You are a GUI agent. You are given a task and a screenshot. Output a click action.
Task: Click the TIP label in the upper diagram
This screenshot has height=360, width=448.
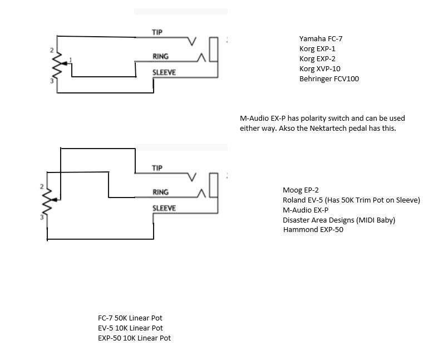point(157,32)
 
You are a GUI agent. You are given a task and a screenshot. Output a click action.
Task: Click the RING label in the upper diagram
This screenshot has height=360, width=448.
point(160,57)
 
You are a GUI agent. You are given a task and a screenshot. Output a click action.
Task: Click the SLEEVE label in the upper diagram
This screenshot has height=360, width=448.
point(164,73)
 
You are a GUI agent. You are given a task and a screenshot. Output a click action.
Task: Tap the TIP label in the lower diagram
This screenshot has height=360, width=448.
point(157,168)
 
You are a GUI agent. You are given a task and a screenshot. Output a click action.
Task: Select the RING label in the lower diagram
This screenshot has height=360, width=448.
point(160,193)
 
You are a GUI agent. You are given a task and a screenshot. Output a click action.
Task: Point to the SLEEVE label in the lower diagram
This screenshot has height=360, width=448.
point(164,208)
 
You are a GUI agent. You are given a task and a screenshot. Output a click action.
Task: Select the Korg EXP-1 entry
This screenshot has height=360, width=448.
point(317,49)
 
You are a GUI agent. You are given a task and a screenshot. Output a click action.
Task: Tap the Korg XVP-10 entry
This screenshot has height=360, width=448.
point(319,69)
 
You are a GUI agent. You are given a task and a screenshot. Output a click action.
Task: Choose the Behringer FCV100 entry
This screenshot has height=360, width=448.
point(329,79)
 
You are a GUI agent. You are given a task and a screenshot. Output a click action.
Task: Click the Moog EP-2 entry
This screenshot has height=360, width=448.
point(301,190)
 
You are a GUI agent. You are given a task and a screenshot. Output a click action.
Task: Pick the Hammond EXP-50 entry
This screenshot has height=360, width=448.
point(313,230)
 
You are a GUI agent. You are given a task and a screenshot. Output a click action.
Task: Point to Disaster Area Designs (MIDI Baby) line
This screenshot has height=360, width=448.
point(338,220)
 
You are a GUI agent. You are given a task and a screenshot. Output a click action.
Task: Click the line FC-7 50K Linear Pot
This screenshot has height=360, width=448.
point(130,318)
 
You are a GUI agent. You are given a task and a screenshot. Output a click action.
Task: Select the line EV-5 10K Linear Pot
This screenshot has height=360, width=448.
point(130,328)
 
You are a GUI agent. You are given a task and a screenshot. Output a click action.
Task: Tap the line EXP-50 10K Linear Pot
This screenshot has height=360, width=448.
point(134,338)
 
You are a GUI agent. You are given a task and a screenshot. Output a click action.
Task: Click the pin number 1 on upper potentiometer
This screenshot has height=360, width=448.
point(70,60)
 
